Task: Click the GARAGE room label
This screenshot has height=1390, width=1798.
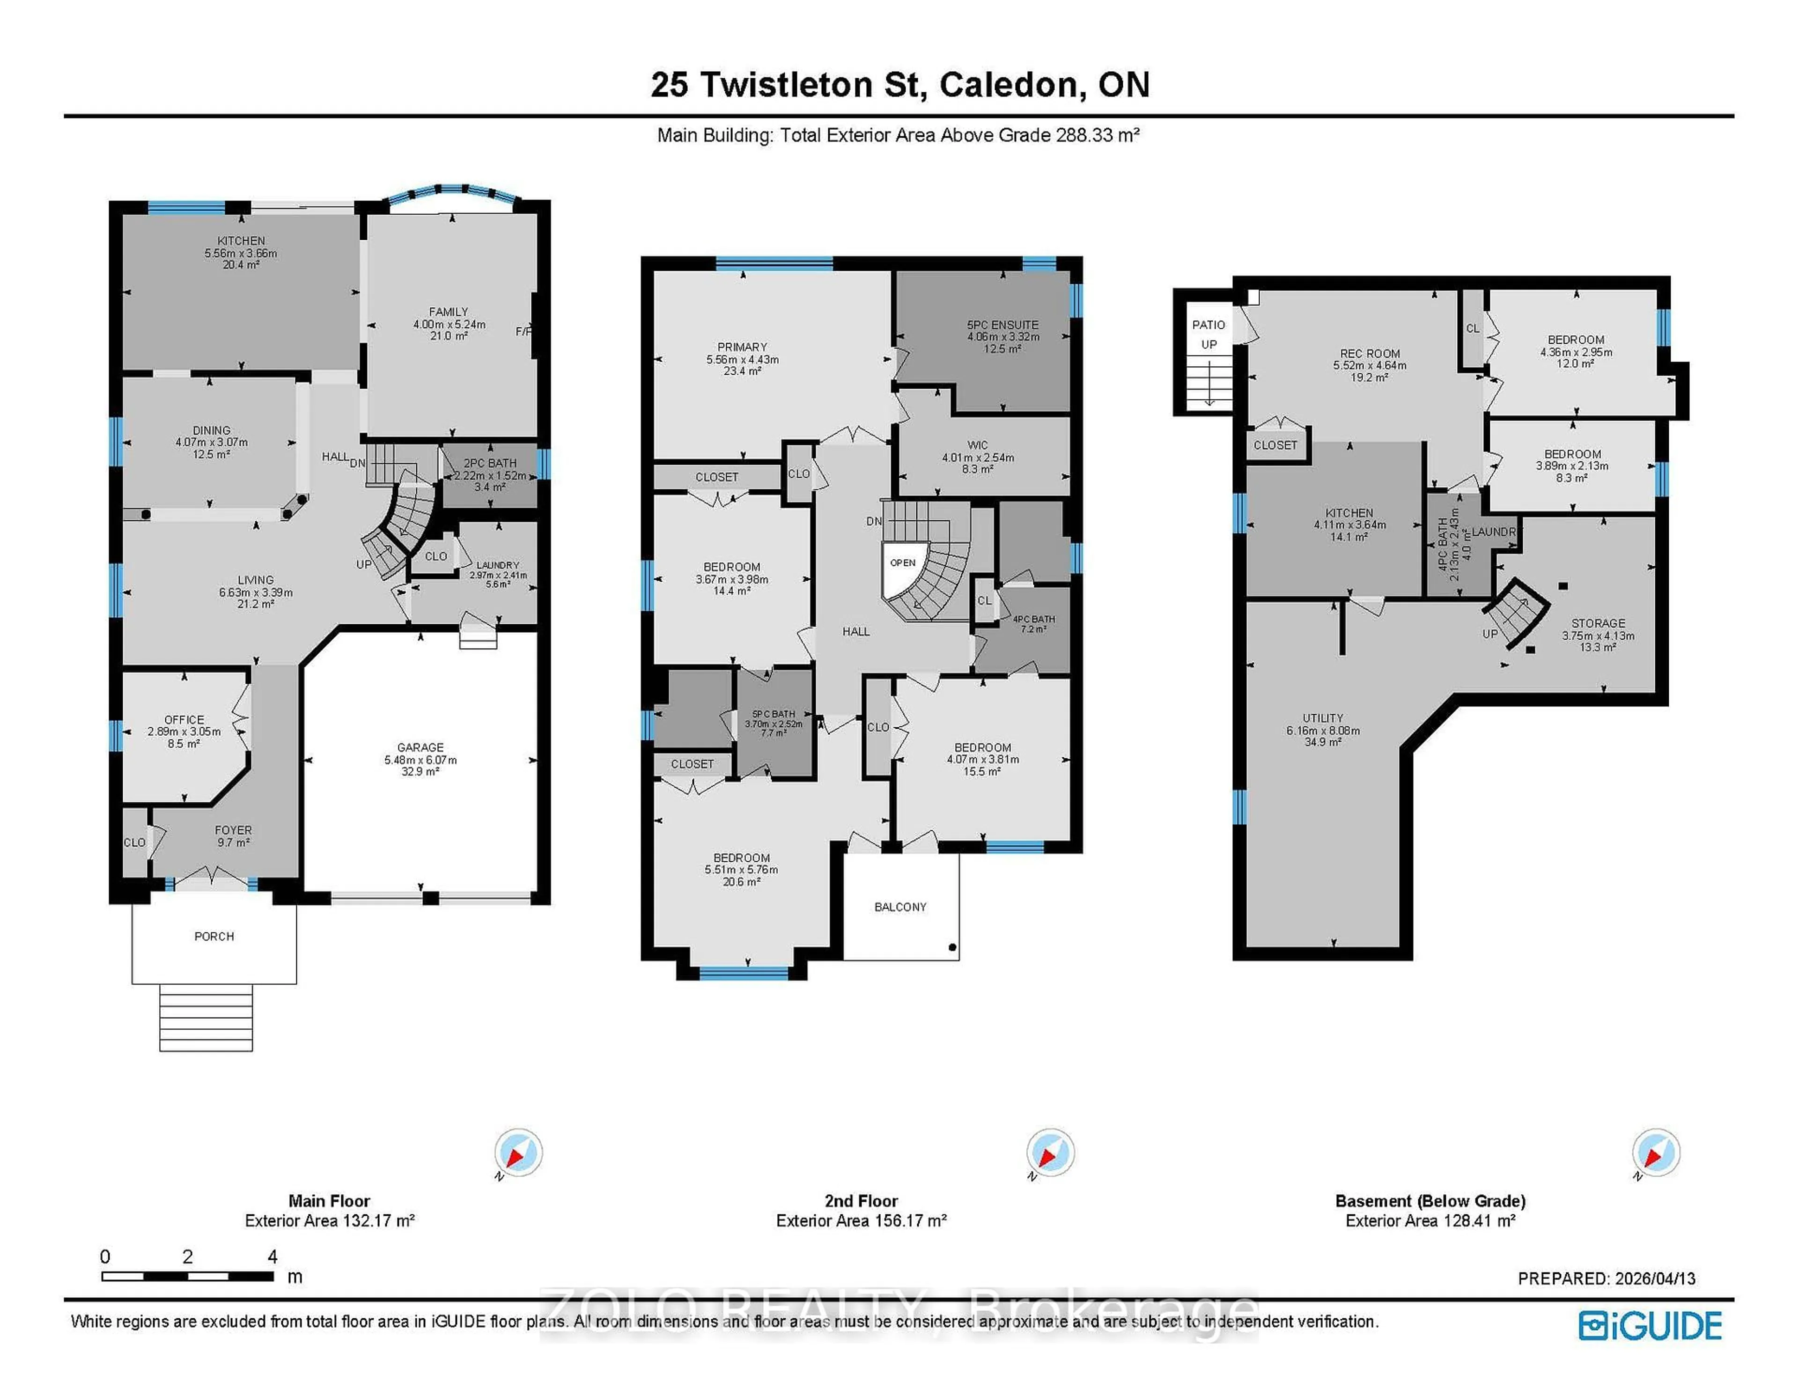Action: point(420,747)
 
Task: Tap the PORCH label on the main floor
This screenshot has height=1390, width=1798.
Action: point(214,936)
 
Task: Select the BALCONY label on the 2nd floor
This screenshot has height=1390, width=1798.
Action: point(900,907)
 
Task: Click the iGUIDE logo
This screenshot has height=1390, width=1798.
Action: point(1649,1326)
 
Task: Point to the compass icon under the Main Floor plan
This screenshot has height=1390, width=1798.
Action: point(518,1152)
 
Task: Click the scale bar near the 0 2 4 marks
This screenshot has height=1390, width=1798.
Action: point(188,1276)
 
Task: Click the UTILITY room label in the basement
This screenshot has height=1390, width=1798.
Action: point(1322,717)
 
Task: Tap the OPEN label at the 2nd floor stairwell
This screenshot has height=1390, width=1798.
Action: point(902,562)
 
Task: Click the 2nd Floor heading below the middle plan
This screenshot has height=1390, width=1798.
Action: point(861,1201)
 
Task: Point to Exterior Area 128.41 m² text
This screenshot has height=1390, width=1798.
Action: point(1430,1220)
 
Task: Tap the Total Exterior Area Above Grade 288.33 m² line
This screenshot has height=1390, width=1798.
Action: point(898,135)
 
